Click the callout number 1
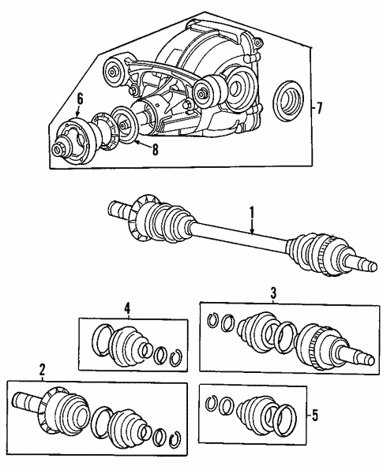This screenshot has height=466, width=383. [252, 213]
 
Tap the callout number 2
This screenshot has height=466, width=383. [43, 370]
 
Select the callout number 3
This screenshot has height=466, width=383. [273, 293]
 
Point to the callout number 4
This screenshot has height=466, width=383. [127, 309]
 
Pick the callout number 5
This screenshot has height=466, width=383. [314, 416]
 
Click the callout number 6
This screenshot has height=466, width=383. [80, 99]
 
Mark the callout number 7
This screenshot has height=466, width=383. [319, 108]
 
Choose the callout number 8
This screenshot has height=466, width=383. [155, 150]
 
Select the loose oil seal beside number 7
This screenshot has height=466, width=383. [289, 100]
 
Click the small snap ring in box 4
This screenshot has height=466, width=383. [175, 357]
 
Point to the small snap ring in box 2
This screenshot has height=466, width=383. [175, 441]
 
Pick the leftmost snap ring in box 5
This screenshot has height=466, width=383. [212, 404]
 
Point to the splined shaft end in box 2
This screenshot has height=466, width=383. [24, 401]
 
